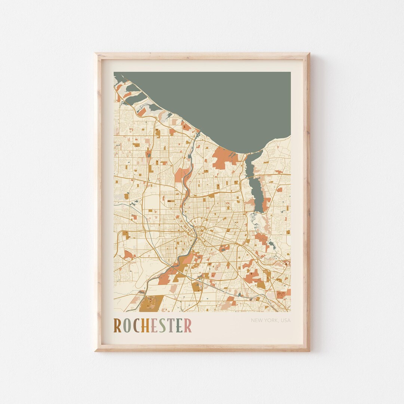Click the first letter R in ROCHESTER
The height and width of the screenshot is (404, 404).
(117, 325)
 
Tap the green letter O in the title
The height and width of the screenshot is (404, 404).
(126, 325)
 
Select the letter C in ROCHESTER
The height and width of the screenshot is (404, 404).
(135, 325)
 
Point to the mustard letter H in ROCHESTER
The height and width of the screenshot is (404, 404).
(145, 325)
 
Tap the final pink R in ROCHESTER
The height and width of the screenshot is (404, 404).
(188, 325)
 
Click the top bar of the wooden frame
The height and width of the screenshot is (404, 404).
(202, 56)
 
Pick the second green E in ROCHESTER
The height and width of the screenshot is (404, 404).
(179, 325)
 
